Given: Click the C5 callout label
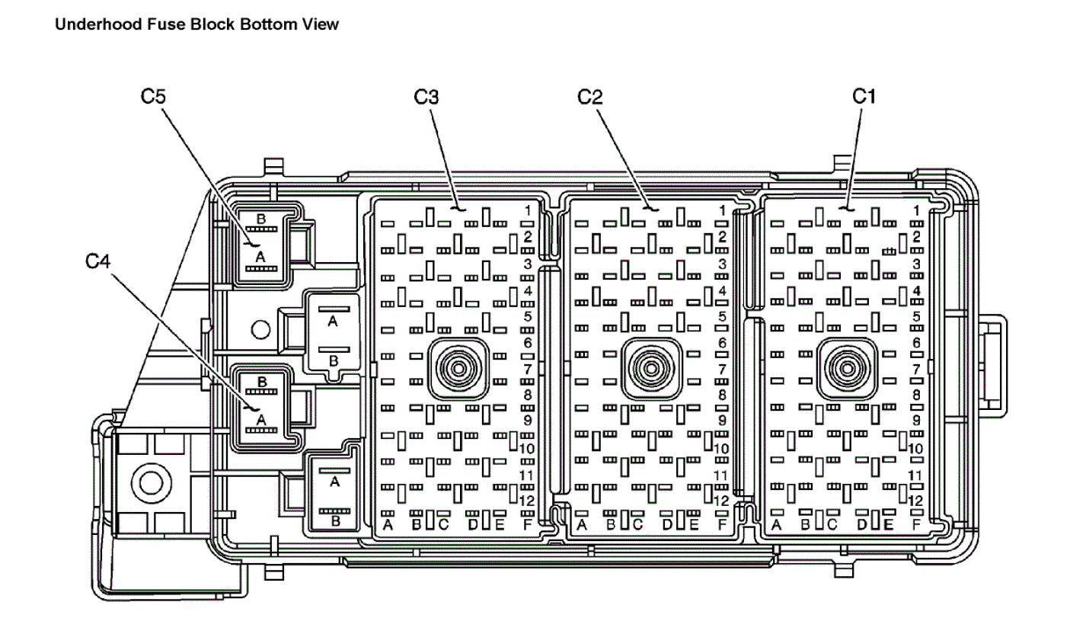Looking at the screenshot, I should [154, 97].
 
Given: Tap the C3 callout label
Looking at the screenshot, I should [426, 97].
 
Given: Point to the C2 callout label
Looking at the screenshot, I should [589, 97].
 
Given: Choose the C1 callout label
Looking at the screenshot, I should [864, 97].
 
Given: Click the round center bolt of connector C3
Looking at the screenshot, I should [458, 368].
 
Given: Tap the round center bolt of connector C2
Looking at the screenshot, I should [652, 368].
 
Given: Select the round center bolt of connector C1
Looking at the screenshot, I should [845, 368].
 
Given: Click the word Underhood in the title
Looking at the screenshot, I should [90, 24].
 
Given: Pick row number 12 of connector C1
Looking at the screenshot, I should [916, 501].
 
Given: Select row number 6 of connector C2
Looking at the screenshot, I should [722, 344].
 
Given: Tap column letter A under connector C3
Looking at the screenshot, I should [388, 524].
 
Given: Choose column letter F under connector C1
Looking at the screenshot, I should [917, 524].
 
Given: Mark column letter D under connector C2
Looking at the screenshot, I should [667, 524].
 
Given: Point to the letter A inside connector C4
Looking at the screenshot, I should [261, 419].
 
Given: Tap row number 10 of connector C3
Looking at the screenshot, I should [527, 448].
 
